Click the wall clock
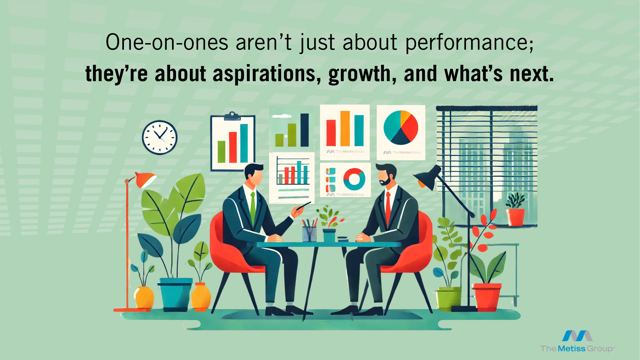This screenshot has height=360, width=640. tap(160, 137)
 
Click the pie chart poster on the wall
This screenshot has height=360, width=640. tap(401, 133)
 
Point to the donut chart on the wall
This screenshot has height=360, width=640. tap(354, 179)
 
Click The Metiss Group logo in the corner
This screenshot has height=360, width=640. tap(577, 341)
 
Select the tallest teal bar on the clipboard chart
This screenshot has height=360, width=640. tap(244, 143)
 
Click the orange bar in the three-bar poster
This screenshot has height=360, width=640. tap(345, 129)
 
